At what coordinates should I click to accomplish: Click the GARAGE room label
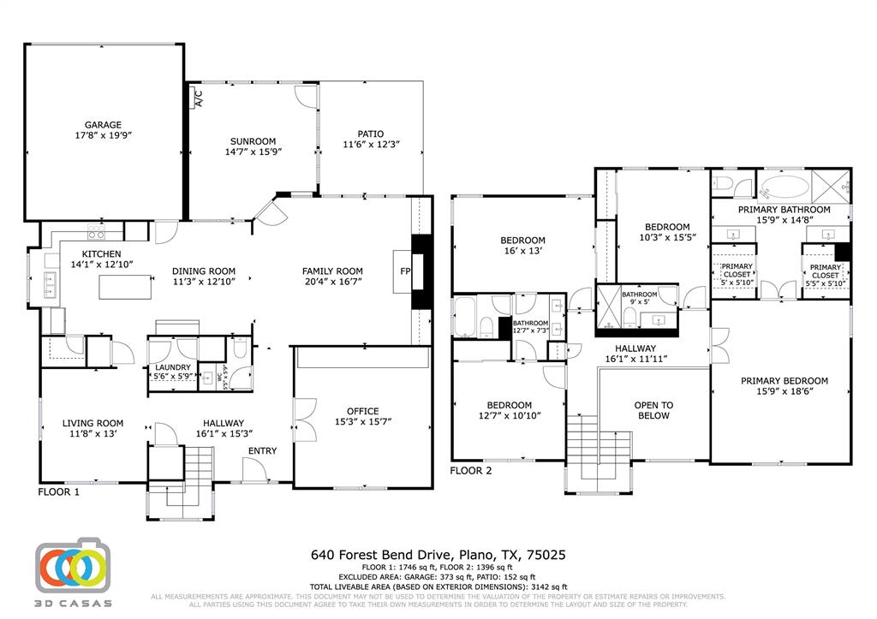click(102, 125)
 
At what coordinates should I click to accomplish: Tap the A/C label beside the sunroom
click(198, 97)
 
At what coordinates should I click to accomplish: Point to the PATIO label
click(370, 134)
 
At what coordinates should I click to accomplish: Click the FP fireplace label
click(405, 271)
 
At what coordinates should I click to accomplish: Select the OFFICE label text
click(362, 411)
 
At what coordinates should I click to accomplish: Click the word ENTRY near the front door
click(263, 451)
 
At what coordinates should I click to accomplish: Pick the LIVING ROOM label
click(92, 423)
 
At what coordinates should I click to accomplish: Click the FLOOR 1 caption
click(58, 492)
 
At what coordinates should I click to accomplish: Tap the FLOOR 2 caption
click(471, 470)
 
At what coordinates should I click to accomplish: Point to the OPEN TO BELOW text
click(653, 410)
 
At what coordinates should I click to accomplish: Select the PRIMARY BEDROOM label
click(785, 381)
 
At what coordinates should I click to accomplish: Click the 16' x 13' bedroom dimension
click(522, 253)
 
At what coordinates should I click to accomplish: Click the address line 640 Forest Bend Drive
click(438, 555)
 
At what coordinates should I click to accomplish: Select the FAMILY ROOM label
click(332, 271)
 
